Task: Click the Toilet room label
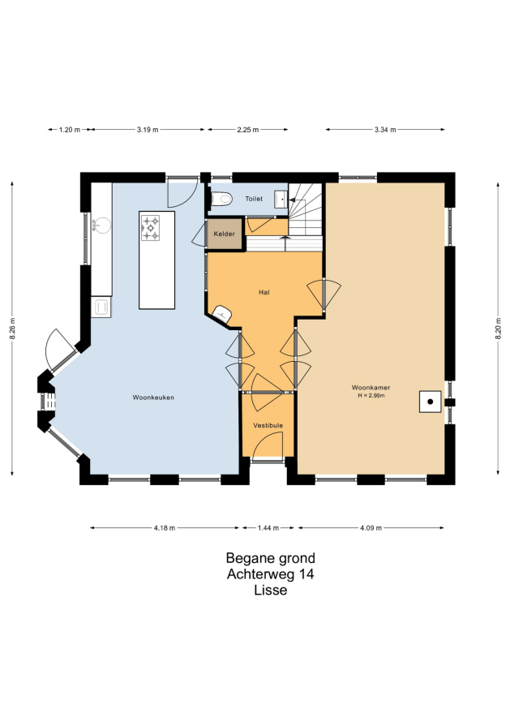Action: pos(254,199)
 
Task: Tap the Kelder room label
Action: pos(224,234)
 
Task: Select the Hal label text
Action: pos(264,292)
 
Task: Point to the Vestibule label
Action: pos(268,425)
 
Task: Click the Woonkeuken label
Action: pos(153,398)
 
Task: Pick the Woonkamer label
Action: pos(371,388)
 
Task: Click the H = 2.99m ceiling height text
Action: pos(371,396)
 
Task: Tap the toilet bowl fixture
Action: pos(221,199)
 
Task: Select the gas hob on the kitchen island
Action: pos(150,228)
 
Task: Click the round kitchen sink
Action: pos(101,225)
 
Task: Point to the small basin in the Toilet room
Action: pos(281,200)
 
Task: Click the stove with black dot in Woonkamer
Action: pos(431,402)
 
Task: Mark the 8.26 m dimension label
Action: pos(12,329)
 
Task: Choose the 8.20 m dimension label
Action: pos(498,329)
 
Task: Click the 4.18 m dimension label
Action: pos(165,528)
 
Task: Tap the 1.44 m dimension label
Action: pos(268,528)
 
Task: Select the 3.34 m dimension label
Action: pos(385,130)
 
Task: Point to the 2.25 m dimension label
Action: pos(247,130)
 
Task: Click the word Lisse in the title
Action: pos(271,591)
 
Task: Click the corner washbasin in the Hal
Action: pos(223,314)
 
